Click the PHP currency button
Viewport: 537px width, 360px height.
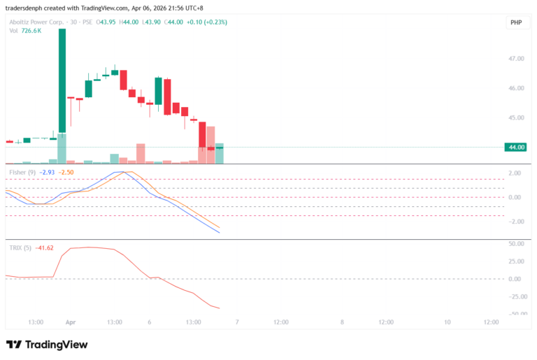(516, 22)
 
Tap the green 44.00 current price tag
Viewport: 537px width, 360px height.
(517, 147)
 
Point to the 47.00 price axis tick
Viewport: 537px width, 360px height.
(516, 59)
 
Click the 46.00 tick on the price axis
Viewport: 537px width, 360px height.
(516, 88)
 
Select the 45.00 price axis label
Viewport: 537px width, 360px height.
(516, 117)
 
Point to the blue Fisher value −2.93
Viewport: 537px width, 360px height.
(47, 172)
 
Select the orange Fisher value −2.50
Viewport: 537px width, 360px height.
(66, 172)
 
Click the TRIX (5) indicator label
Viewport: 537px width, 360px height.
(20, 247)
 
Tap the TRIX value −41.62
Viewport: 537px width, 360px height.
(45, 247)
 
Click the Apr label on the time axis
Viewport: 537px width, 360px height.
(70, 322)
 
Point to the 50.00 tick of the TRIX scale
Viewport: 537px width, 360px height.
(516, 244)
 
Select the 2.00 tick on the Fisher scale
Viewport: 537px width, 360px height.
(516, 173)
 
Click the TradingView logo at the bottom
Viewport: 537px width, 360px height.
(47, 345)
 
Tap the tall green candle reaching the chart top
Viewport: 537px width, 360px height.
(62, 80)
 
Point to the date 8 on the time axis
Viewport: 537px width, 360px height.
(342, 322)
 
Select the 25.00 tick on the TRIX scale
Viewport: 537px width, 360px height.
(516, 261)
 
